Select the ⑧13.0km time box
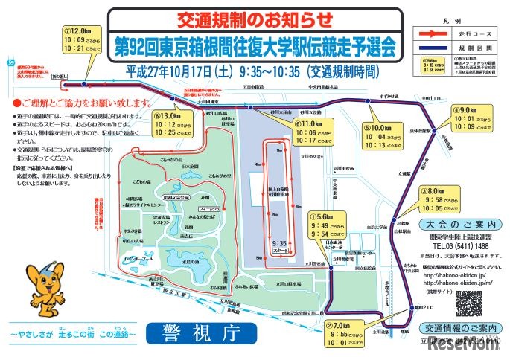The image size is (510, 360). tap(173, 128)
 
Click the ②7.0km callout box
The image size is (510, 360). tap(347, 338)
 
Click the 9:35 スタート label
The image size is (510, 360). tap(279, 247)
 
